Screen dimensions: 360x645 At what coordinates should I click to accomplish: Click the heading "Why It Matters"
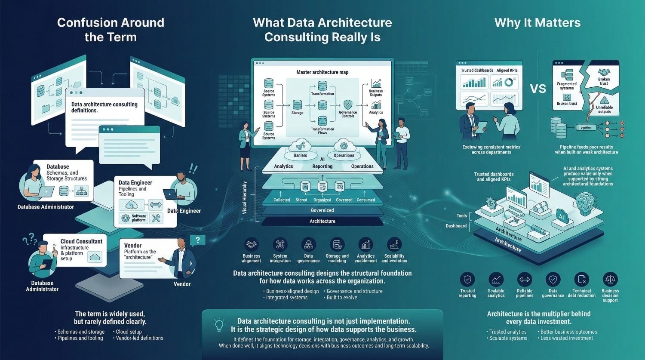[x=537, y=23]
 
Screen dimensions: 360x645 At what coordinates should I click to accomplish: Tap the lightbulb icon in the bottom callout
[x=220, y=324]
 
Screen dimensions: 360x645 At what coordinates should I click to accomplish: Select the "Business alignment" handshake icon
[x=252, y=245]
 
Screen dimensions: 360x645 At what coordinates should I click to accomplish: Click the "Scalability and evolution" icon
[x=394, y=245]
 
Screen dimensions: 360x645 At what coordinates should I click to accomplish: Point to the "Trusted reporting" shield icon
[x=467, y=280]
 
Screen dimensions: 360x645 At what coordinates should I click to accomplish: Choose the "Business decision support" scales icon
[x=610, y=280]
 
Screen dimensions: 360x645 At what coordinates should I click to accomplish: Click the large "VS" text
[x=538, y=89]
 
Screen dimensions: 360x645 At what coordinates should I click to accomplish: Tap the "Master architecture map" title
[x=322, y=72]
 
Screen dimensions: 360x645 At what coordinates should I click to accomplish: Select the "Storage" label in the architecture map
[x=297, y=113]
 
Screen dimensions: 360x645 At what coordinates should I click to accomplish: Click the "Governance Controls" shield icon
[x=348, y=104]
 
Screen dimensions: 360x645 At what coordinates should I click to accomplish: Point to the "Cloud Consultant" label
[x=81, y=241]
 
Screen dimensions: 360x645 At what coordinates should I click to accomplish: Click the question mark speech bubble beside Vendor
[x=197, y=240]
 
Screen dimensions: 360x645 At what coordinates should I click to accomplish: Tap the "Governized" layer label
[x=322, y=210]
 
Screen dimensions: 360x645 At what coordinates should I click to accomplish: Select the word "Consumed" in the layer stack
[x=365, y=200]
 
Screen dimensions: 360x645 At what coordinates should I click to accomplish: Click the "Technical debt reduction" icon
[x=581, y=280]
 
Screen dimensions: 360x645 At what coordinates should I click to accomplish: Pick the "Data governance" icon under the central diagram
[x=308, y=245]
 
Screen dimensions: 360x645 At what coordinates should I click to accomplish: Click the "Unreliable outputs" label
[x=604, y=109]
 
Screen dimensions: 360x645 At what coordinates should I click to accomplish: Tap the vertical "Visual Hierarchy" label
[x=245, y=197]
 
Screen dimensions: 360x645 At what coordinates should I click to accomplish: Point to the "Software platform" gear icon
[x=126, y=218]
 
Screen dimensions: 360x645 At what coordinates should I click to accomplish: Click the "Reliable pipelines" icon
[x=525, y=280]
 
